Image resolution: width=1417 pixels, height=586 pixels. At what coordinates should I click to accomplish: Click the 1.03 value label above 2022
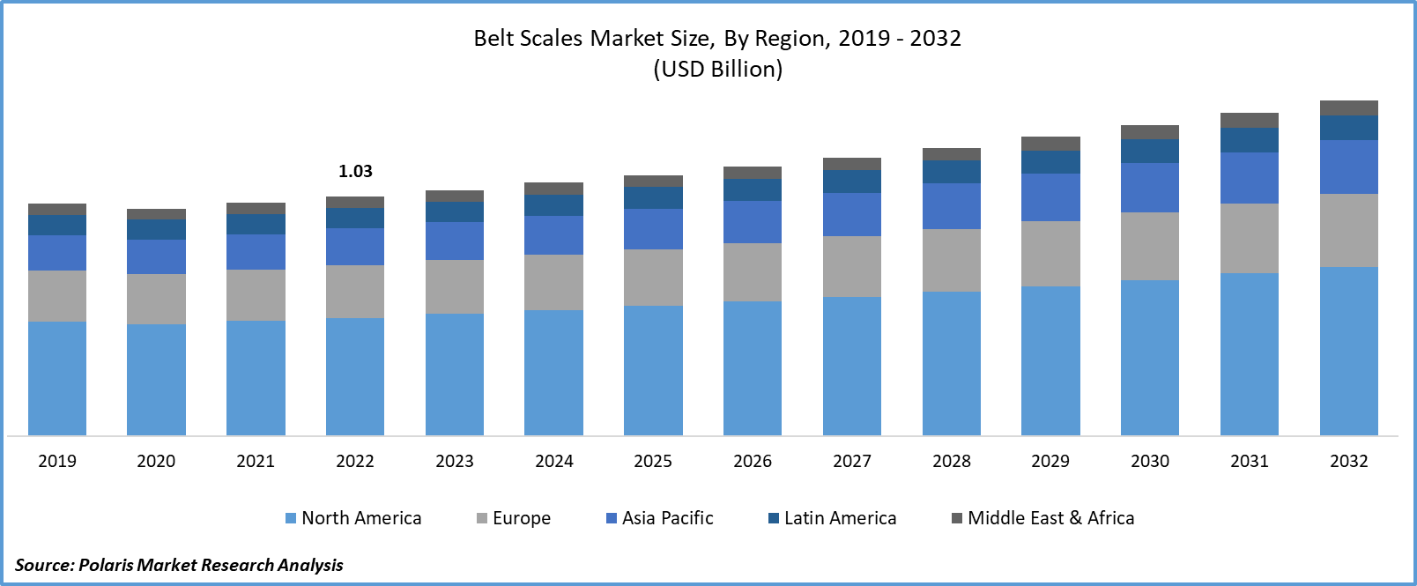pos(355,171)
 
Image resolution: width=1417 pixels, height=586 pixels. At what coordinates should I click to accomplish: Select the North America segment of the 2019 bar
pos(57,378)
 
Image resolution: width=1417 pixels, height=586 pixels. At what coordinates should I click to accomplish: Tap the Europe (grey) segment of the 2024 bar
pos(553,282)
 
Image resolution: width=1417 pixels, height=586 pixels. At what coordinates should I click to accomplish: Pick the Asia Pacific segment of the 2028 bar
pos(951,206)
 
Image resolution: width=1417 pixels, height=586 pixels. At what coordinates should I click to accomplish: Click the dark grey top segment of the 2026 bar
pos(752,173)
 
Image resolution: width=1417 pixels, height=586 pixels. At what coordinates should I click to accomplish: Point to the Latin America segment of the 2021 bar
pos(256,224)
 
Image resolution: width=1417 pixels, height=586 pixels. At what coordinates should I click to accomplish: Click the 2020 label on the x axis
pos(156,461)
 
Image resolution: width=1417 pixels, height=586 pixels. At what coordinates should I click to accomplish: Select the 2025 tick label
pos(653,461)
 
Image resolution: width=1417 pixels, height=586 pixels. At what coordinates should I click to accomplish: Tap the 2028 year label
pos(951,461)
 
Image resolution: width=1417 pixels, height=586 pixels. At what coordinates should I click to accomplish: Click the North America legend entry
pos(353,518)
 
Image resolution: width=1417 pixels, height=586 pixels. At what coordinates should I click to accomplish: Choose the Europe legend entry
pos(514,518)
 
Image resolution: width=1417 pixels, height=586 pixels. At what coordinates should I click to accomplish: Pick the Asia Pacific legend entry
pos(660,518)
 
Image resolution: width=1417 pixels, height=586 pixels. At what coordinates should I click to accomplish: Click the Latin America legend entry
pos(833,518)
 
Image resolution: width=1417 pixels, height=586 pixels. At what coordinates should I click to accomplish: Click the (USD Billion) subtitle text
pos(717,69)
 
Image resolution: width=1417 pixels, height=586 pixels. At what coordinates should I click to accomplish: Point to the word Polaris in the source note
pos(106,565)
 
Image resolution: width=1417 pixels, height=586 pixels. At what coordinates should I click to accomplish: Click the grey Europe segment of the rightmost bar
pos(1348,230)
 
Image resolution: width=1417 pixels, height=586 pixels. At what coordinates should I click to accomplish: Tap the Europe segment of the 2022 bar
pos(355,292)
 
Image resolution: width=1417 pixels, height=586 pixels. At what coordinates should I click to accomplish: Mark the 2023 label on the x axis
pos(455,461)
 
